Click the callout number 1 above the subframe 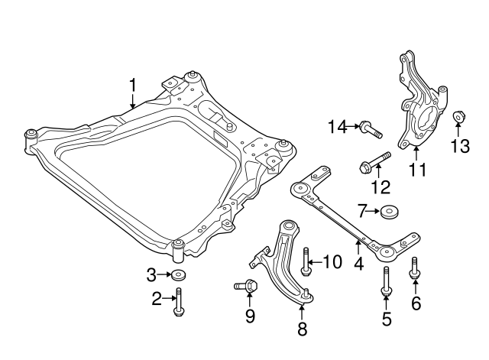pyautogui.click(x=133, y=86)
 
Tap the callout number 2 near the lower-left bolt pyautogui.click(x=156, y=300)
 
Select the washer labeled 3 pyautogui.click(x=179, y=275)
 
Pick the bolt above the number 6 pyautogui.click(x=414, y=268)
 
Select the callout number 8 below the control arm pyautogui.click(x=301, y=330)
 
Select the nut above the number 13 pyautogui.click(x=458, y=117)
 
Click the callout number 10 pyautogui.click(x=332, y=262)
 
